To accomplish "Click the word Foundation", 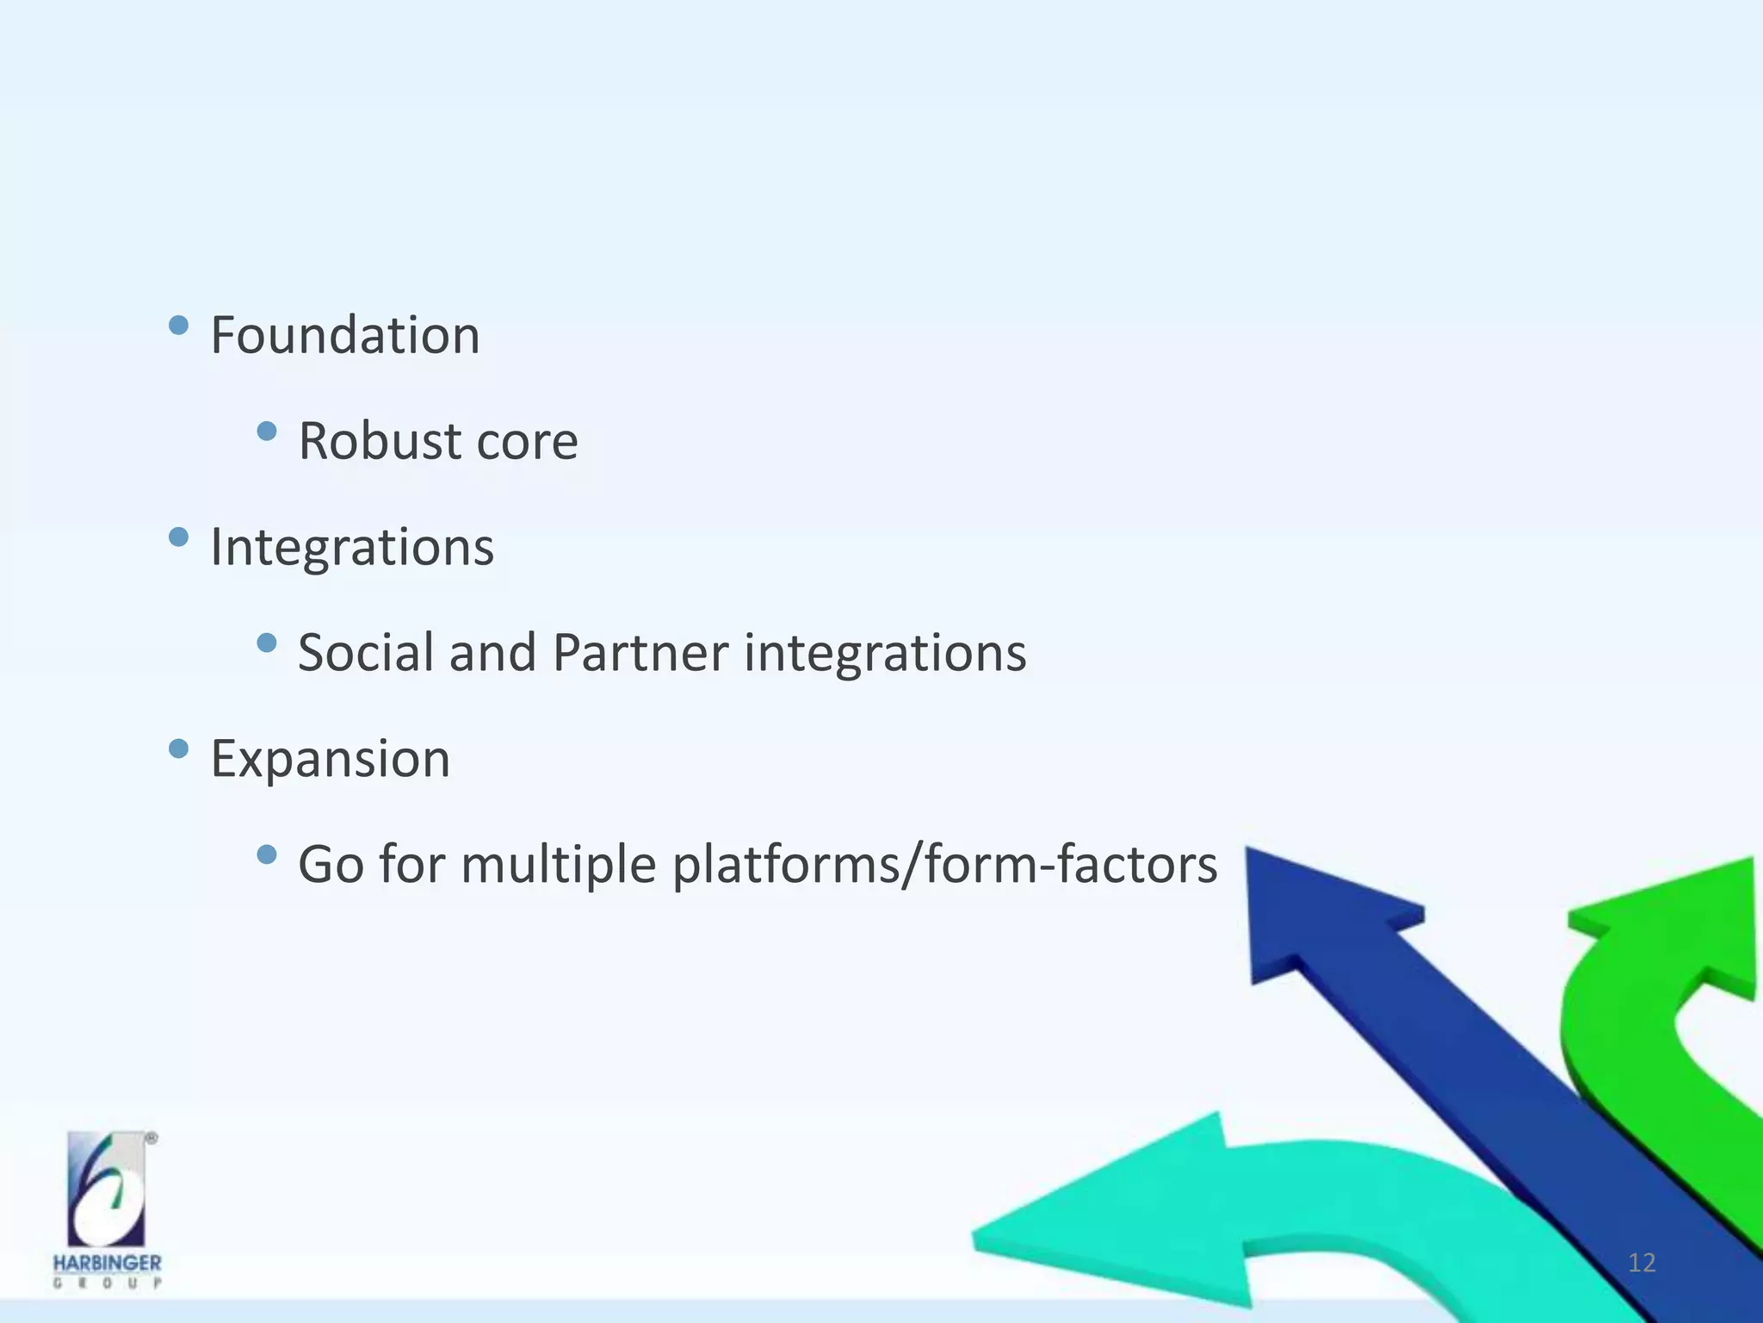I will point(344,335).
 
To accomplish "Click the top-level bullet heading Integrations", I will point(352,548).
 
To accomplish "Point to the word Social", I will point(366,653).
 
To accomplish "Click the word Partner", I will point(640,653).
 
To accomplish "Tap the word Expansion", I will point(331,760).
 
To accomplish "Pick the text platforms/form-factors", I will point(944,865).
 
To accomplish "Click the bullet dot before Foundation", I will point(179,326).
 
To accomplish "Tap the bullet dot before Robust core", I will point(267,431).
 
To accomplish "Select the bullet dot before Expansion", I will point(179,748).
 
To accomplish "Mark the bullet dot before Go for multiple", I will point(267,854).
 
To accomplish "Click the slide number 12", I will point(1642,1263).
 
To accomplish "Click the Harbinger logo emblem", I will point(108,1189).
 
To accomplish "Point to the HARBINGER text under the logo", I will point(107,1263).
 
